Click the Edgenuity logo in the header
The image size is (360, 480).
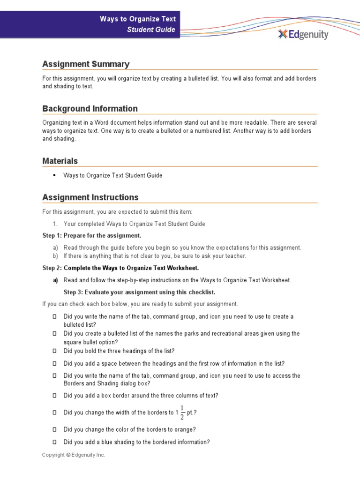(x=303, y=34)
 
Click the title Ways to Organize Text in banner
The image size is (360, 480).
(x=138, y=19)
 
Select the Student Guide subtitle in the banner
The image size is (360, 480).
(x=151, y=30)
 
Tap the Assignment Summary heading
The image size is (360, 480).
(x=86, y=64)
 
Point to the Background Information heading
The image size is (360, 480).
(x=90, y=109)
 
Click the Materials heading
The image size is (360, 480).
(x=60, y=161)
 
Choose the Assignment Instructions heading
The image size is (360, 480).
(x=90, y=197)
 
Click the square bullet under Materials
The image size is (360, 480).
(x=54, y=175)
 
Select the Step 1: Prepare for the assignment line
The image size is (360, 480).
(x=91, y=235)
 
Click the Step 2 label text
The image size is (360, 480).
(x=52, y=268)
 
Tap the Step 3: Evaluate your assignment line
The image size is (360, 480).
(x=139, y=292)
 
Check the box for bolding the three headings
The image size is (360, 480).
(x=54, y=351)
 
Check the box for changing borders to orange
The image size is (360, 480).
(x=54, y=429)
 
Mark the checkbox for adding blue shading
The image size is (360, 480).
(x=54, y=442)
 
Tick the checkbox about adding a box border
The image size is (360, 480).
(x=54, y=396)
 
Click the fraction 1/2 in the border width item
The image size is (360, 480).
(x=182, y=412)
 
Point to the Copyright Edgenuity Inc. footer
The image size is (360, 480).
(x=74, y=455)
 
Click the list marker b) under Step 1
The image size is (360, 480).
(x=55, y=256)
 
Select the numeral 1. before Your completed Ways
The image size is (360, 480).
(x=55, y=224)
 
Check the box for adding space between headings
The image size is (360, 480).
(x=54, y=363)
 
